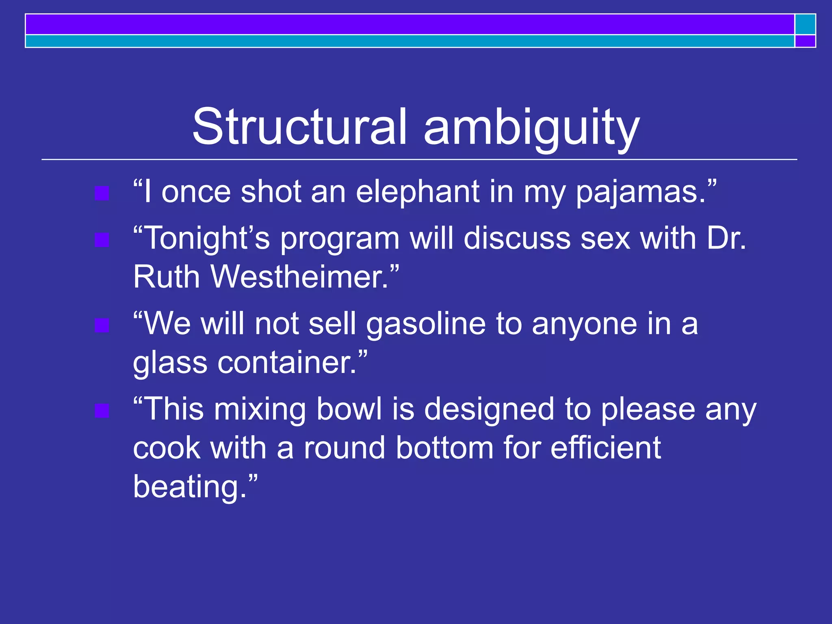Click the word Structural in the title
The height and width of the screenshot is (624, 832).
click(x=299, y=127)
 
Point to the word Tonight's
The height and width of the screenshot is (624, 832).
click(x=201, y=238)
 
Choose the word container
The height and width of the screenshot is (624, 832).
click(x=286, y=362)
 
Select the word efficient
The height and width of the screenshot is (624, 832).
click(x=606, y=448)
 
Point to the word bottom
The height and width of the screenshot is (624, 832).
click(x=444, y=448)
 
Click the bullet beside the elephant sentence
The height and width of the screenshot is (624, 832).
click(x=102, y=194)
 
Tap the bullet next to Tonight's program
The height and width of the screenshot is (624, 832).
click(x=102, y=240)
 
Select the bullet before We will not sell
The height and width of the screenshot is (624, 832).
click(x=102, y=326)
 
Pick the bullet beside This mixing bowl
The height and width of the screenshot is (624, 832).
click(x=102, y=411)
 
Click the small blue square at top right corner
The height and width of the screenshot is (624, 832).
click(x=805, y=24)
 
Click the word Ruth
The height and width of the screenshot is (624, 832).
click(x=167, y=277)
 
